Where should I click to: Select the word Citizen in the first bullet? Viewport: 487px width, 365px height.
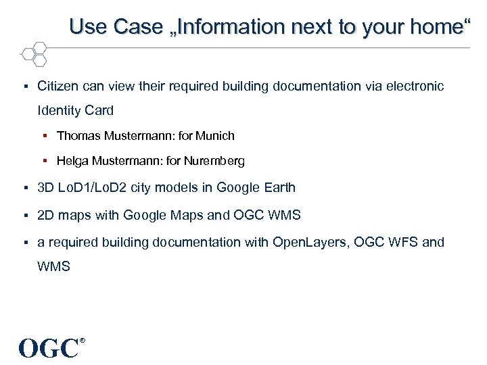click(58, 87)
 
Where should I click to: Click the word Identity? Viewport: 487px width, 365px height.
click(60, 110)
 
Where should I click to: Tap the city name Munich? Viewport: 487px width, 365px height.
click(215, 136)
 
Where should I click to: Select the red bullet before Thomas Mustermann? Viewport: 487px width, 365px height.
click(49, 136)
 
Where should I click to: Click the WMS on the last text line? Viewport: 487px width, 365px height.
click(54, 266)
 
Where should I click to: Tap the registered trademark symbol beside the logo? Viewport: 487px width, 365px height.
click(83, 341)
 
